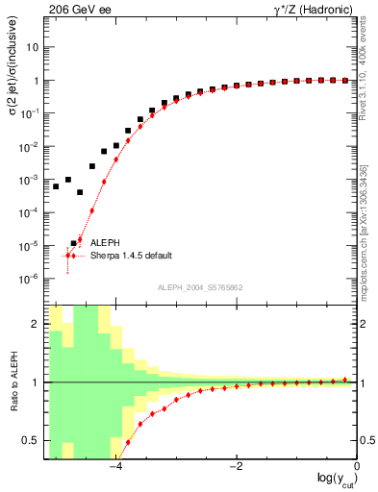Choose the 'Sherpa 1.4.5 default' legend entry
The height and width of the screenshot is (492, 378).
pos(132,256)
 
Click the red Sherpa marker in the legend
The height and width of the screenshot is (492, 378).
pos(68,256)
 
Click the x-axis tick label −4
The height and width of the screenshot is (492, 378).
pos(114,467)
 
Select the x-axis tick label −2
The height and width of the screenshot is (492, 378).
pos(235,467)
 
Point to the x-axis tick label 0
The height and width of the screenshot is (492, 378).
pos(357,467)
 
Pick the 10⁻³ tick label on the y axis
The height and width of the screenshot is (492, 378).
pos(31,180)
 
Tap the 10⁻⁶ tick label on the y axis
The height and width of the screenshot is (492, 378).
pos(31,279)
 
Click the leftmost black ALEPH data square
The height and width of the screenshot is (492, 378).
pos(56,186)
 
